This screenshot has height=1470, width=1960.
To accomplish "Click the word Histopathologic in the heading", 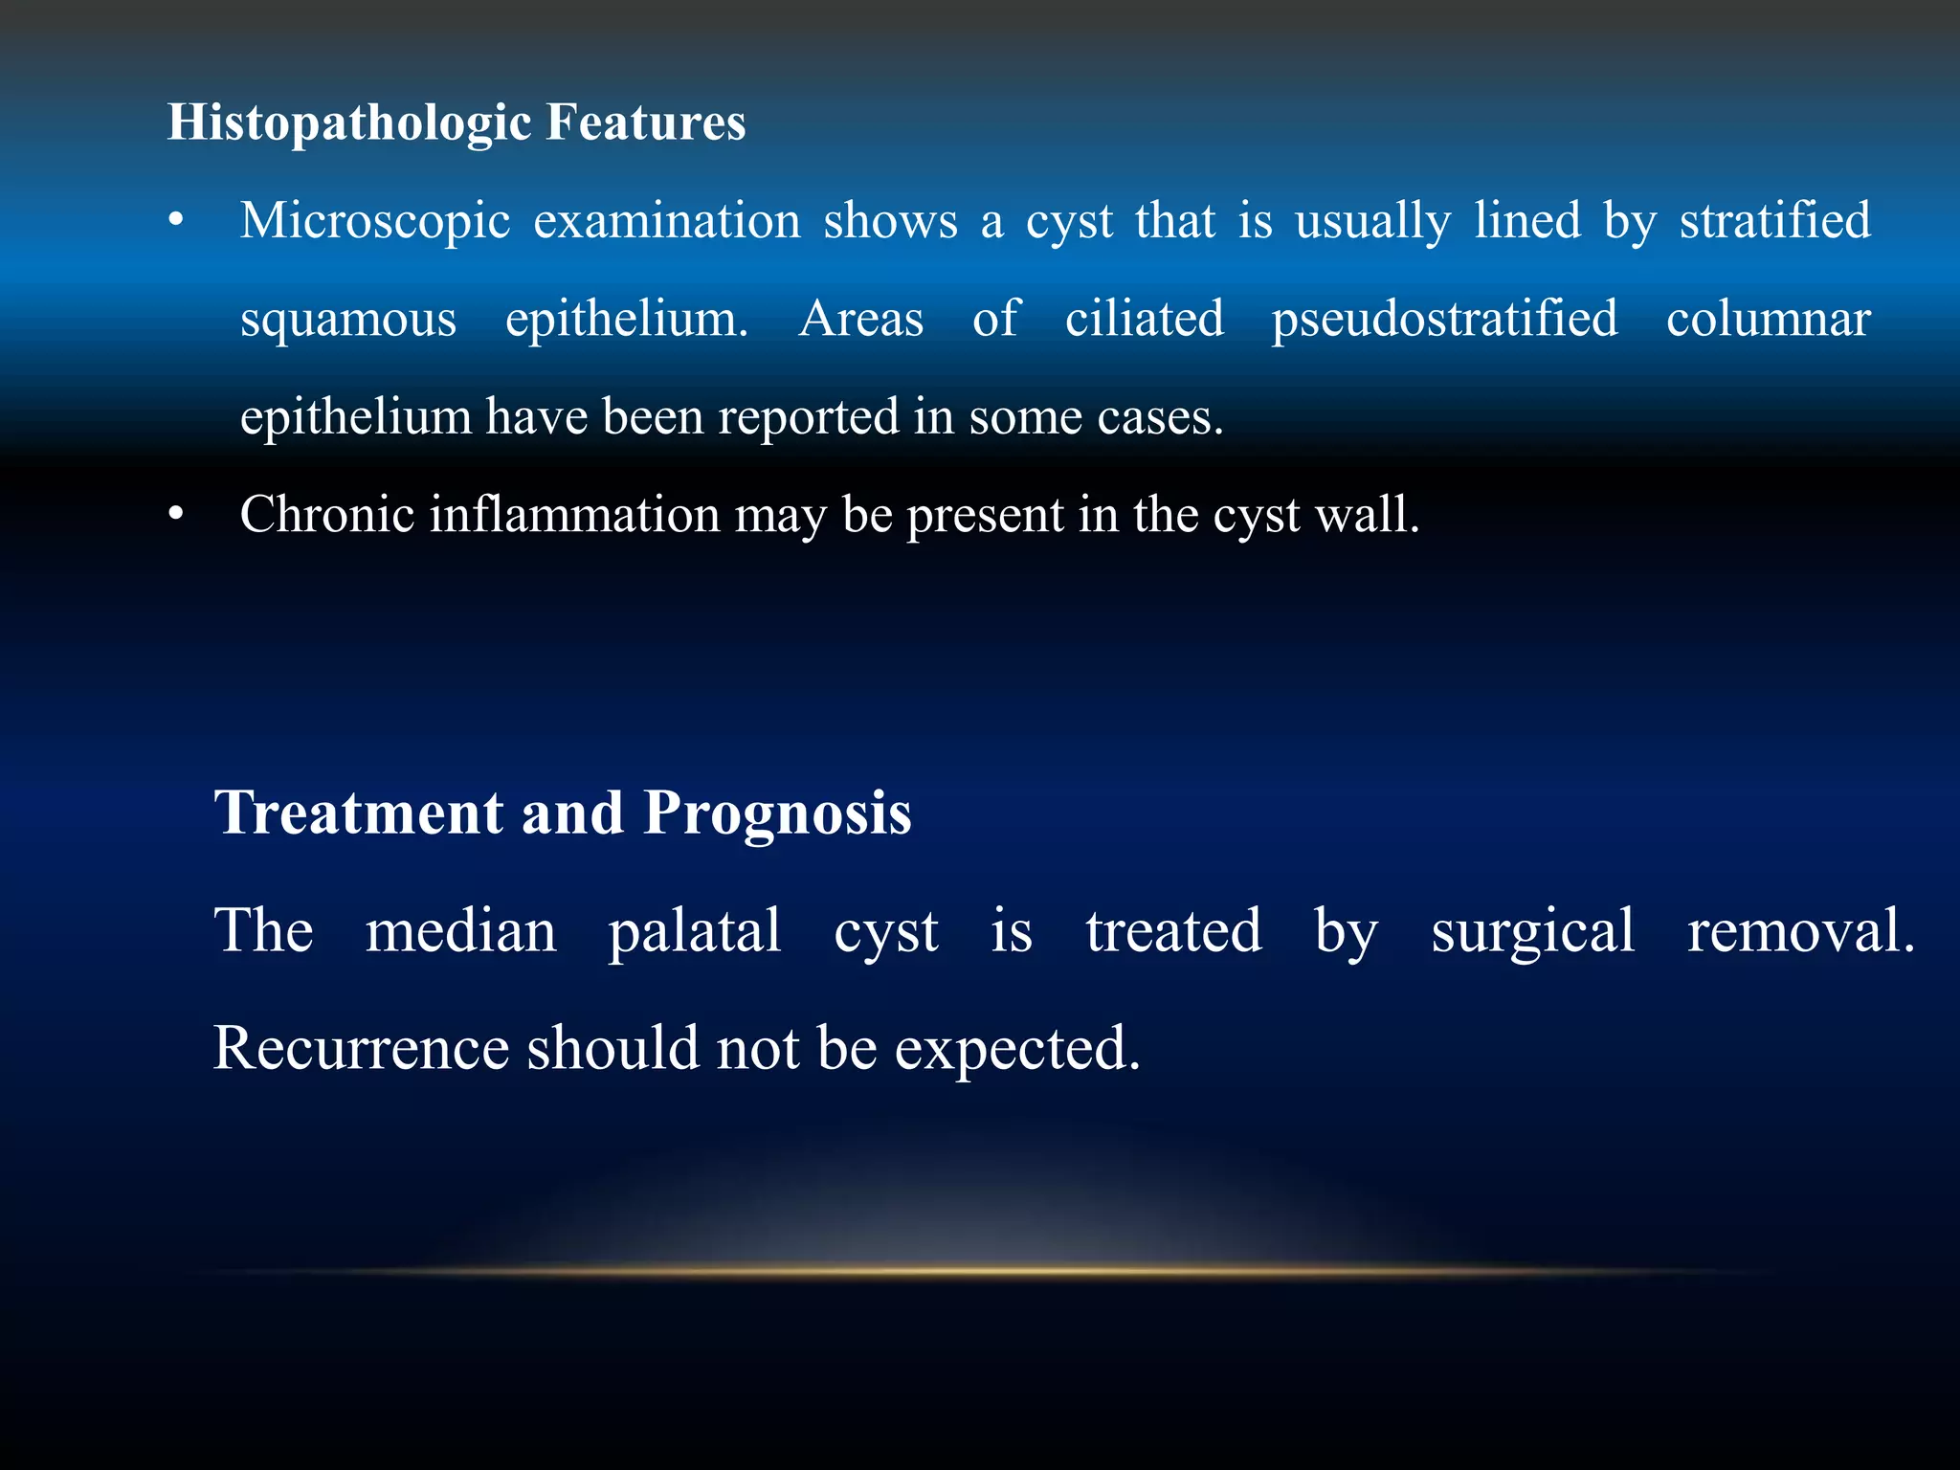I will (x=348, y=123).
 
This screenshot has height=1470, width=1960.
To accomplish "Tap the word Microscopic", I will (x=374, y=222).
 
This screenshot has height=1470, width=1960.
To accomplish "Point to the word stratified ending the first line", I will (x=1774, y=221).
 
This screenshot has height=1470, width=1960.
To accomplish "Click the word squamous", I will (x=348, y=320).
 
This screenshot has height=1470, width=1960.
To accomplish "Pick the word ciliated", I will (x=1144, y=319).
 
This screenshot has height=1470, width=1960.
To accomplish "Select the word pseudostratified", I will (x=1444, y=320).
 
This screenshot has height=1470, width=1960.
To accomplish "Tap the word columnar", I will (x=1768, y=320).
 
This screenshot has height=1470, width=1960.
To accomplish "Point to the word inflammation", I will (x=573, y=515).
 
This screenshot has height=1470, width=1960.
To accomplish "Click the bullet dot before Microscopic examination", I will (x=175, y=222).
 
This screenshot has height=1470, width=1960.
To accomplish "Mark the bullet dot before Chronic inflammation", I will (x=175, y=516).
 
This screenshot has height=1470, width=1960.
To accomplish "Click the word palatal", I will (x=695, y=931).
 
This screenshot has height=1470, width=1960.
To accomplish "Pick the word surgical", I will (x=1532, y=931).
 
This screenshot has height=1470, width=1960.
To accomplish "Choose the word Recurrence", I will (x=360, y=1048).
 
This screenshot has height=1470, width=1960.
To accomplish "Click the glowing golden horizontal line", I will (x=980, y=1272).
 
